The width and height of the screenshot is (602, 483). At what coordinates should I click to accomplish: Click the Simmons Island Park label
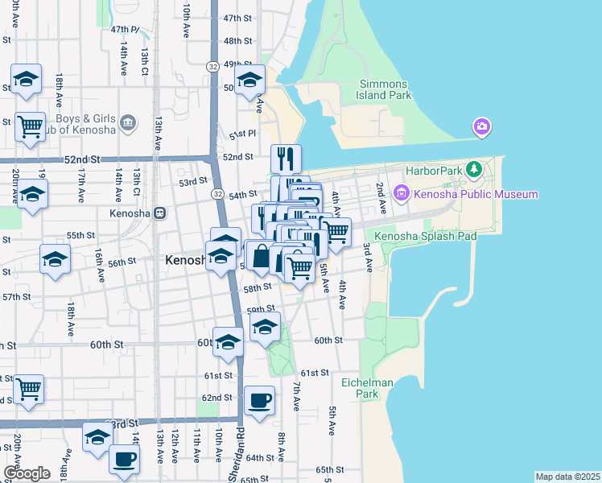click(x=385, y=89)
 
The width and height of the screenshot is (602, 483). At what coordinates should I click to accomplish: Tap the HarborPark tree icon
click(x=475, y=169)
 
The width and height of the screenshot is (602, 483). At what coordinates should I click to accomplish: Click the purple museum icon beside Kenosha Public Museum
click(x=401, y=193)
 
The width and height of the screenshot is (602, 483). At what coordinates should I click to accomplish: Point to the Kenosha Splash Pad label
click(x=426, y=236)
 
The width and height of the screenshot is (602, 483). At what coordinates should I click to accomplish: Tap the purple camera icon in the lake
click(x=482, y=126)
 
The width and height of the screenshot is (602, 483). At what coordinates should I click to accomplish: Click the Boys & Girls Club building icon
click(x=128, y=123)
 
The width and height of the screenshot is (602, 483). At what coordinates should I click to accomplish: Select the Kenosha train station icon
click(x=160, y=213)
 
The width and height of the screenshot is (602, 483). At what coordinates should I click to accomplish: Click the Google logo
click(x=27, y=473)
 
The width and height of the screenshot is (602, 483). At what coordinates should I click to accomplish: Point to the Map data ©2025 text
click(x=567, y=477)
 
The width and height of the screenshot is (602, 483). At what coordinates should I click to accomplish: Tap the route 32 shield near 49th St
click(x=212, y=66)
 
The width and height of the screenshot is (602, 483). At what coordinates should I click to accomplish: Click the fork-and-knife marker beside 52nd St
click(x=286, y=158)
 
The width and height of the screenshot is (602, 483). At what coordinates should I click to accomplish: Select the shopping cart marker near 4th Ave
click(x=336, y=232)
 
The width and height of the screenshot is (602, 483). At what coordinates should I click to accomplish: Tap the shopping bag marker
click(x=262, y=258)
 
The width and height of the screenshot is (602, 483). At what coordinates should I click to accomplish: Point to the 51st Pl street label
click(x=242, y=134)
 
